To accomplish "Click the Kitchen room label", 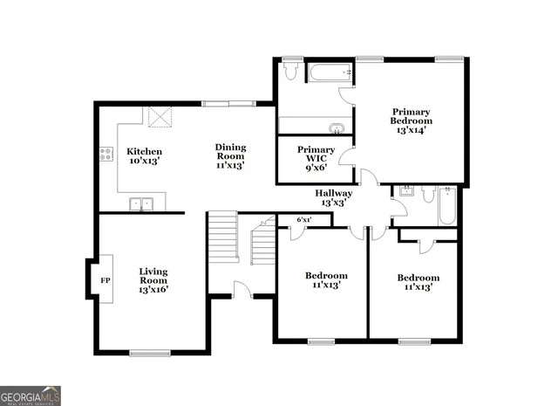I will click(145, 151).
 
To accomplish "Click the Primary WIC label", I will click(316, 150).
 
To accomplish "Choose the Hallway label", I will click(334, 193).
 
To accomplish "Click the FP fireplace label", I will click(105, 281).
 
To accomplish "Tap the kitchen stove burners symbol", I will click(106, 155).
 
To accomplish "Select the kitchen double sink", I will click(140, 204).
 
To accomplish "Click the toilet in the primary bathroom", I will click(291, 70).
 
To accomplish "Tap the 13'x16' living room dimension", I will click(153, 289).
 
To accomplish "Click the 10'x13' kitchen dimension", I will click(145, 162).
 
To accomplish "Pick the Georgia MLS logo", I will click(31, 396).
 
